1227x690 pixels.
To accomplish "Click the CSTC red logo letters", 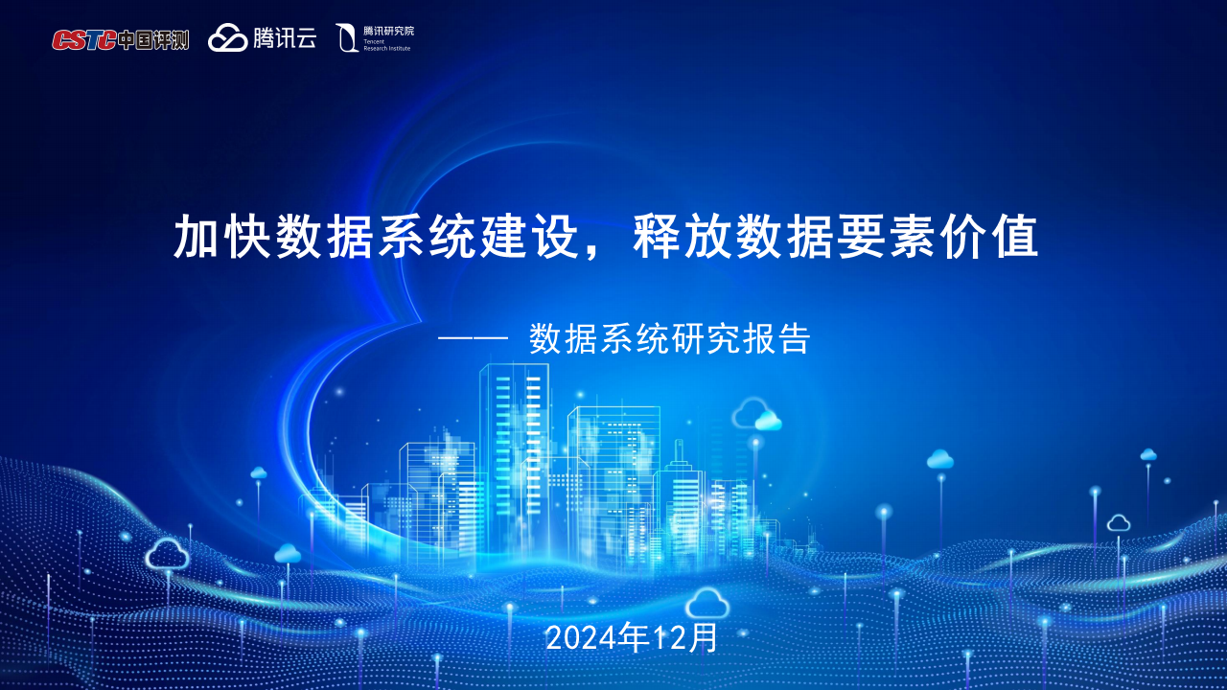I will [x=84, y=39].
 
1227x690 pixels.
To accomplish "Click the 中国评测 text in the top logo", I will [x=153, y=39].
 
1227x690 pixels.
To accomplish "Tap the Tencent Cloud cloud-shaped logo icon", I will [x=228, y=38].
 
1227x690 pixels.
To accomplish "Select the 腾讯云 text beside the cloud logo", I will [x=285, y=38].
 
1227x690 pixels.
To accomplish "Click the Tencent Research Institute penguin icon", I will [x=347, y=38].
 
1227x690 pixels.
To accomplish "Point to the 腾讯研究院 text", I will [x=388, y=31].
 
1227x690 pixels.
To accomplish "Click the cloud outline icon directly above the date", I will [x=707, y=604].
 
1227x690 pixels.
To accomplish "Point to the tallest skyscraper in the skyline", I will [x=515, y=450].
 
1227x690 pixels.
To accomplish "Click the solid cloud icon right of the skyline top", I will [x=768, y=421].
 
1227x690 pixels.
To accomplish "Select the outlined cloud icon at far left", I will [x=168, y=554].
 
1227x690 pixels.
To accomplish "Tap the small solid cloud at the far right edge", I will [x=1148, y=454].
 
